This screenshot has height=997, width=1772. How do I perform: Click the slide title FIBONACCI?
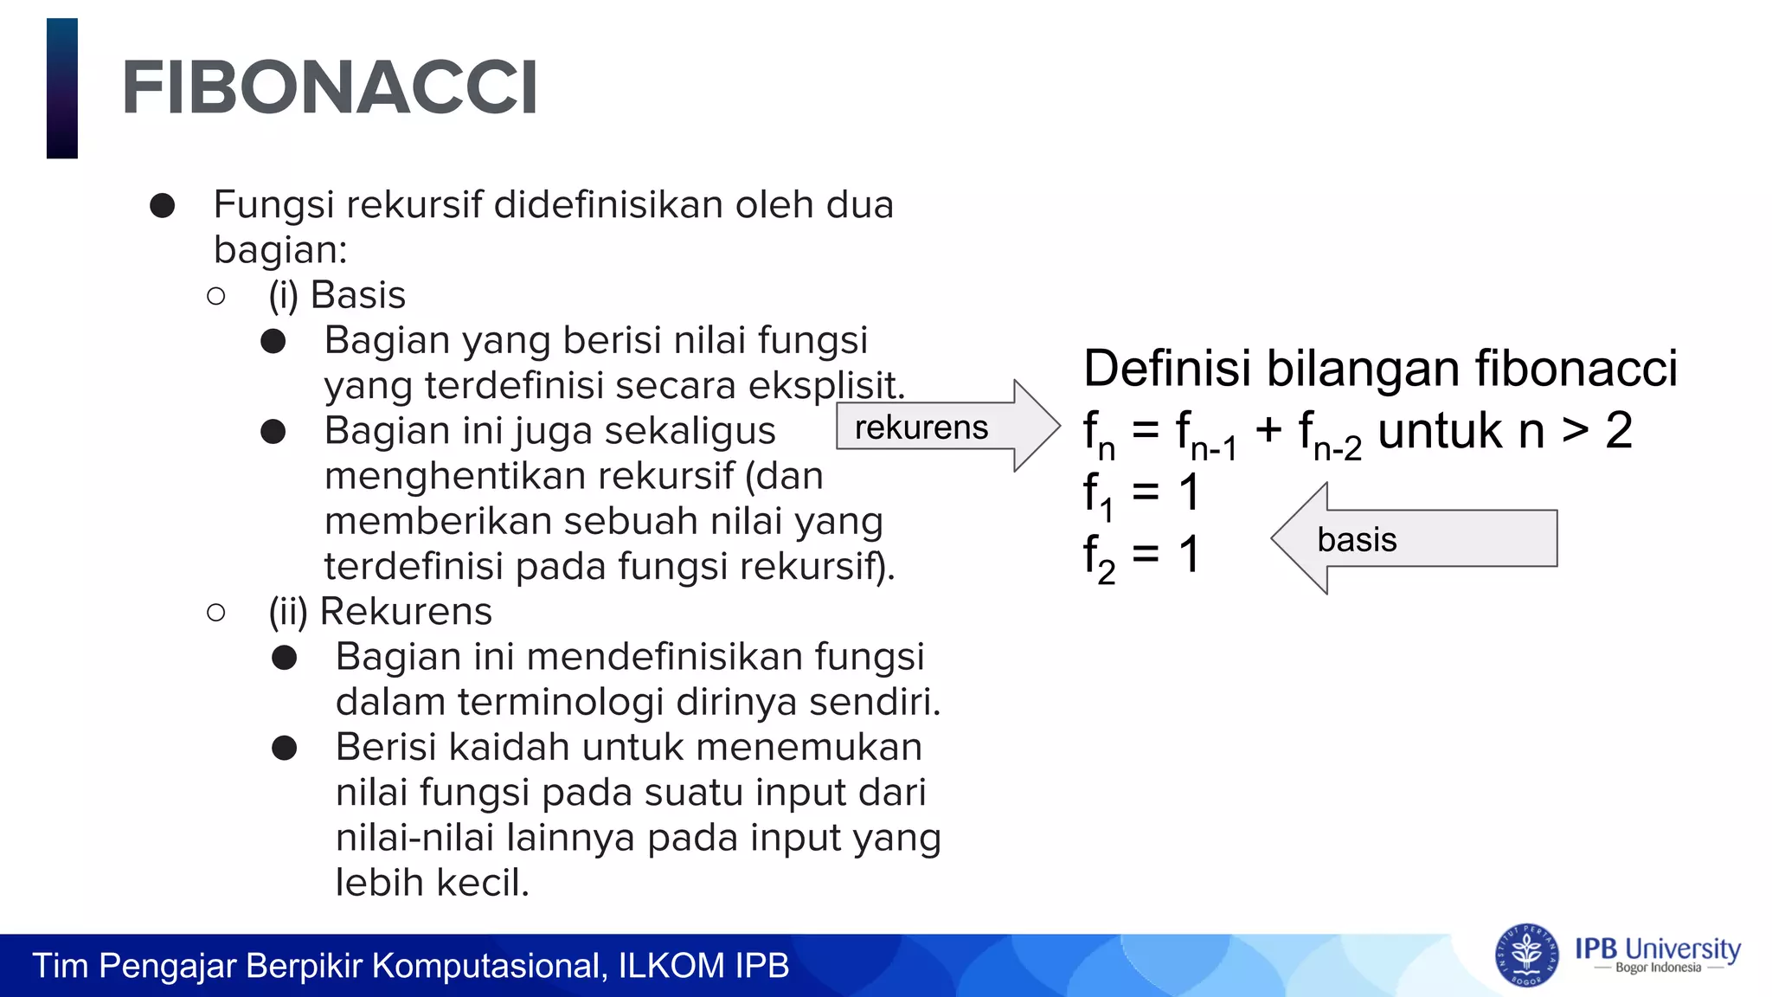(x=330, y=87)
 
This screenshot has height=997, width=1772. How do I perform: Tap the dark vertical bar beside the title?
(x=62, y=88)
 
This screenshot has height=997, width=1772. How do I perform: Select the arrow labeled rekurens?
(x=947, y=426)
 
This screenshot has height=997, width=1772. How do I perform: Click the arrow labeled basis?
(x=1414, y=538)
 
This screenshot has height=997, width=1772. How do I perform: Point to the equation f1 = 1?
(x=1141, y=494)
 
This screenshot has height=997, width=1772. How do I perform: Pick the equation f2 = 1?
(x=1141, y=556)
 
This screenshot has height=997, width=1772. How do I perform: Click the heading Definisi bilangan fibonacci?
(x=1380, y=368)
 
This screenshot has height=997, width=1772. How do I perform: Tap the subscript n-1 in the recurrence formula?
(x=1214, y=448)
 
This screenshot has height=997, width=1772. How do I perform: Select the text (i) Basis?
(x=337, y=295)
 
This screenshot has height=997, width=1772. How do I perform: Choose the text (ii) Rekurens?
(x=380, y=612)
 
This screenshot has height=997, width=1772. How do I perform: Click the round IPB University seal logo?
(x=1526, y=955)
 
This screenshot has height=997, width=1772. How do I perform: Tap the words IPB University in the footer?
(x=1657, y=949)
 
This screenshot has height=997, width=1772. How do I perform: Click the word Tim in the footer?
(x=61, y=966)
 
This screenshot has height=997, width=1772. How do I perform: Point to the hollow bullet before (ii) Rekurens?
(x=216, y=613)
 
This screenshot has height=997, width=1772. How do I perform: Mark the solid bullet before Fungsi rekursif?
(x=163, y=206)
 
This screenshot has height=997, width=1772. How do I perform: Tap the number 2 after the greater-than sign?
(x=1619, y=430)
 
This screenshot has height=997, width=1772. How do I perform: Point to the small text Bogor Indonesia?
(x=1658, y=968)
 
